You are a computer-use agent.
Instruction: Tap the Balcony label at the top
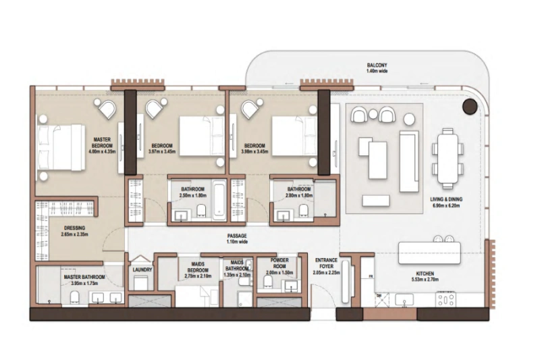[376, 66]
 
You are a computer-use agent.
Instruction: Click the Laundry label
[142, 269]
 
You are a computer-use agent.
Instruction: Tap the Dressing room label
[75, 228]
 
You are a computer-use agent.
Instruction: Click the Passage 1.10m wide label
[237, 237]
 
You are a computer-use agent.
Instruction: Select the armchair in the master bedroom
[106, 109]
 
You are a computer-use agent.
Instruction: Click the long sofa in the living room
[408, 153]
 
